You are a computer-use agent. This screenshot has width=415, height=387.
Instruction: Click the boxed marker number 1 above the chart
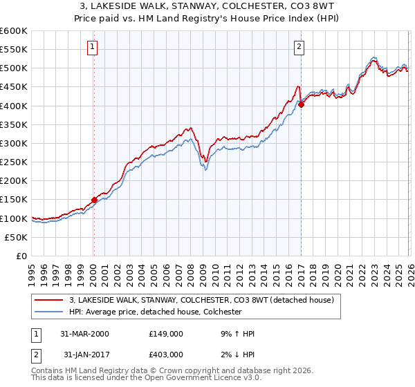pyautogui.click(x=93, y=47)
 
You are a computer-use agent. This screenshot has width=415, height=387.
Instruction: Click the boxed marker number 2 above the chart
pyautogui.click(x=299, y=47)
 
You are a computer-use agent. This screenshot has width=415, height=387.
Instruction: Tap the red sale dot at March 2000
pyautogui.click(x=95, y=200)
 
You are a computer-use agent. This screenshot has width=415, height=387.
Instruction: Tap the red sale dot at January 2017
pyautogui.click(x=301, y=105)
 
